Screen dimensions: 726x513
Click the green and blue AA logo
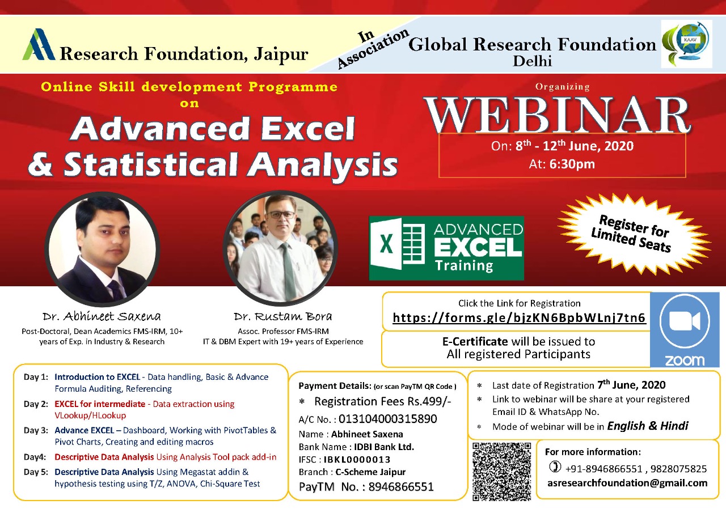[x=39, y=44]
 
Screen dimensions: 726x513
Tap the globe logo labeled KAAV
[x=686, y=44]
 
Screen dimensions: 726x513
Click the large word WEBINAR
[x=558, y=115]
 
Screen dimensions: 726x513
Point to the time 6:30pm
[x=572, y=164]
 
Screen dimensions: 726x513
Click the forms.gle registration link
[x=519, y=317]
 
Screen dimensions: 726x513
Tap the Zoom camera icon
[x=685, y=321]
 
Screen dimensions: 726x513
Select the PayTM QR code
[x=501, y=471]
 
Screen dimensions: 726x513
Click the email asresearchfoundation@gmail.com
[x=627, y=483]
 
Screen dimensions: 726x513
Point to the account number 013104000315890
[x=387, y=419]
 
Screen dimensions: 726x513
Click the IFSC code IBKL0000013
[x=357, y=460]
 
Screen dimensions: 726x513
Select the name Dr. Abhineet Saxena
[x=102, y=316]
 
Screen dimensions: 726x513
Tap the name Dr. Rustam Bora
[x=283, y=316]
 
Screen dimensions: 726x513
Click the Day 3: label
[x=36, y=430]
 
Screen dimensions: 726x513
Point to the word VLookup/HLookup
[x=90, y=416]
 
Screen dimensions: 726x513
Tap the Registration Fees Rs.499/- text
[x=382, y=401]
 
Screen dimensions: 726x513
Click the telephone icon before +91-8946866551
[x=555, y=467]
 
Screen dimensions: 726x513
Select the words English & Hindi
[x=647, y=426]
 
